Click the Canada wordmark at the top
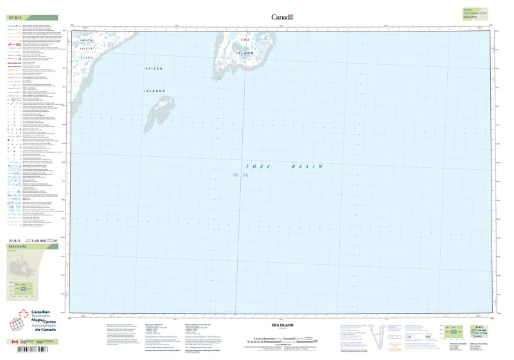(x=282, y=17)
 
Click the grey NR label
(x=236, y=175)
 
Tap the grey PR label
(x=245, y=175)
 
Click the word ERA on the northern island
(x=244, y=40)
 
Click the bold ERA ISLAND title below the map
(x=282, y=326)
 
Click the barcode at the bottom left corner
(x=32, y=351)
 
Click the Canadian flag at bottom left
(x=15, y=341)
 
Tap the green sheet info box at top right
(x=472, y=12)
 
